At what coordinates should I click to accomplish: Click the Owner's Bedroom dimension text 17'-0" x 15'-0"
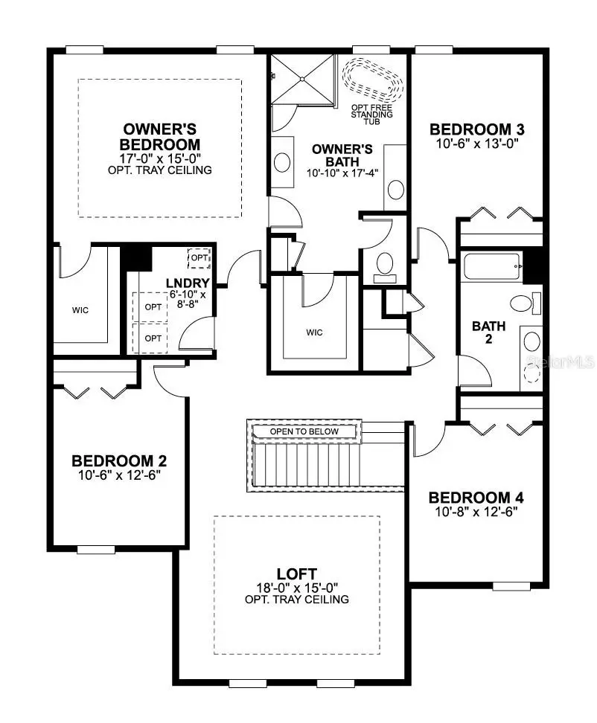pos(160,158)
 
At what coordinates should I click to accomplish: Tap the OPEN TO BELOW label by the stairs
pos(304,431)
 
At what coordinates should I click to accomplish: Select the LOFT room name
pos(297,574)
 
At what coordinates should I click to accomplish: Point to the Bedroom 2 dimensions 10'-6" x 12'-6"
pos(119,475)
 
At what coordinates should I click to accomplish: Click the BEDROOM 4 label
pos(476,498)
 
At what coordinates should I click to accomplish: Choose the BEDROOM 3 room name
pos(477,129)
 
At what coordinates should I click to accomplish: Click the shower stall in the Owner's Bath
pos(303,79)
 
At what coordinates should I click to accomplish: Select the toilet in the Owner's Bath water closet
pos(385,268)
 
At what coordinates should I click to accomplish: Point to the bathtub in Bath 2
pos(492,266)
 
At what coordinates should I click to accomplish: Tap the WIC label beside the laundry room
pos(80,310)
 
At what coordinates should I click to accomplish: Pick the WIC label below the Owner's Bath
pos(314,332)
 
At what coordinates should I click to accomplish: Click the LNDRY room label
pos(188,283)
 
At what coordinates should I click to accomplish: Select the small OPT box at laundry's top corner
pos(199,258)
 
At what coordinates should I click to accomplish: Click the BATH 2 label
pos(488,332)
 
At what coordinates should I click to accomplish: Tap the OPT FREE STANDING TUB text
pos(372,115)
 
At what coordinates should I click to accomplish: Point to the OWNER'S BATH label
pos(342,155)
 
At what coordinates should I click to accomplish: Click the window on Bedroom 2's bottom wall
pos(96,549)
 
